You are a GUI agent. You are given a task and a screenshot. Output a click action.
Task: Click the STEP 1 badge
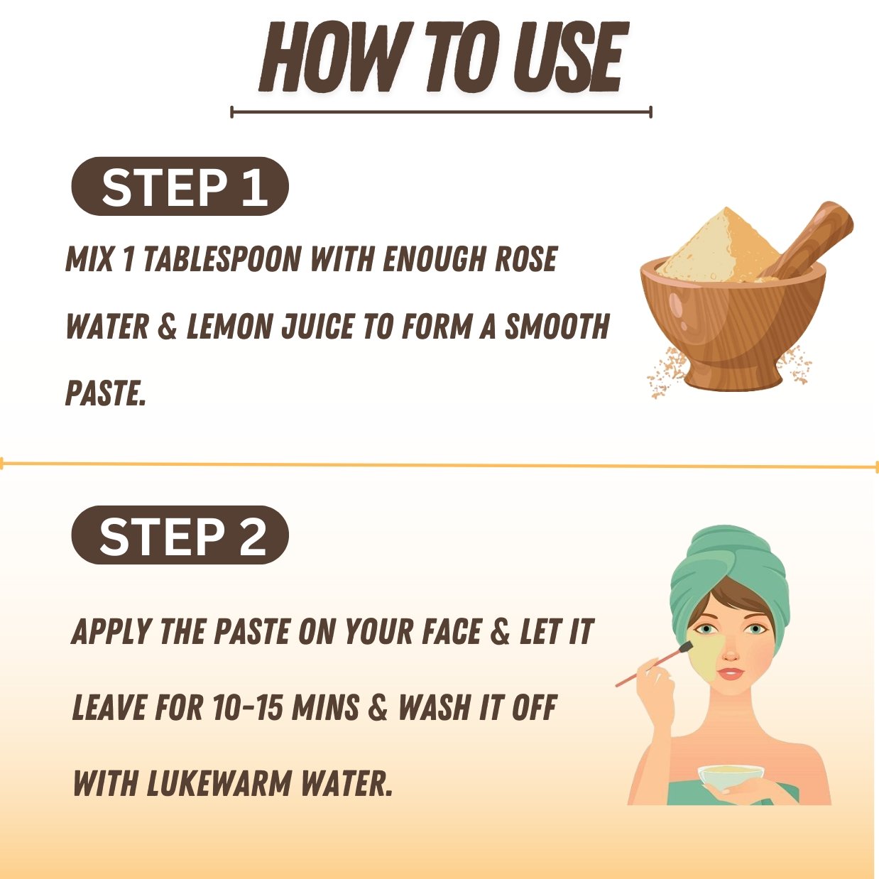pyautogui.click(x=180, y=186)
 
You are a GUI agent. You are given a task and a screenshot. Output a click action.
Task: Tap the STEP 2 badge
pyautogui.click(x=180, y=535)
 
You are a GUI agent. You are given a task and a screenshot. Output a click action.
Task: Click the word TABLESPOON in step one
pyautogui.click(x=222, y=258)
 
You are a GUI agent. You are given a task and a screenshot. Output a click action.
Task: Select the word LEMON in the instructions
pyautogui.click(x=230, y=327)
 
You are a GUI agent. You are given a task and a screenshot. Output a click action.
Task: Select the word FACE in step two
pyautogui.click(x=451, y=632)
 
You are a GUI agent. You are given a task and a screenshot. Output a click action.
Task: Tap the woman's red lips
pyautogui.click(x=731, y=673)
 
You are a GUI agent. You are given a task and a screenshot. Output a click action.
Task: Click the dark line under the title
pyautogui.click(x=441, y=111)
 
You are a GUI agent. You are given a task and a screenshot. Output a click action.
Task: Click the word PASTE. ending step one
pyautogui.click(x=105, y=393)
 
